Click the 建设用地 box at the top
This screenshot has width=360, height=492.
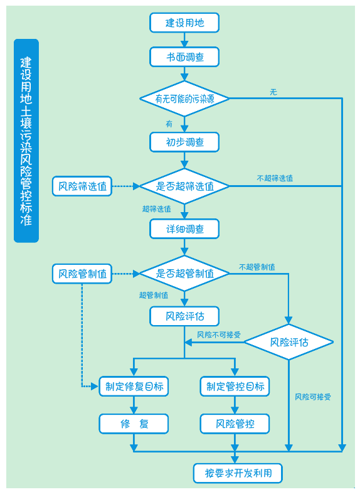click(184, 23)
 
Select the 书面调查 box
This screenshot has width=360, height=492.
click(184, 57)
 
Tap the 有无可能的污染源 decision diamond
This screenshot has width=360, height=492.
click(184, 99)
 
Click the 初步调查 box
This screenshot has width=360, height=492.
click(184, 142)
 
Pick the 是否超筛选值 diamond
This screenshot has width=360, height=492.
click(184, 186)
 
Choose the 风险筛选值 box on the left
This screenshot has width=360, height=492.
click(82, 186)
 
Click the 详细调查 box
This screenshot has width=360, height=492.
click(184, 229)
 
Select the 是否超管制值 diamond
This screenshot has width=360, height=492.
click(184, 274)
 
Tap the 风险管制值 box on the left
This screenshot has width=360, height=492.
click(82, 274)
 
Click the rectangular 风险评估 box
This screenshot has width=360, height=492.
click(184, 316)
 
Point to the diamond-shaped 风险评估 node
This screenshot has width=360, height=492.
click(289, 342)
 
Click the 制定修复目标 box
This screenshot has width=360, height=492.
click(134, 386)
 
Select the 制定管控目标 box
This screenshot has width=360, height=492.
click(235, 386)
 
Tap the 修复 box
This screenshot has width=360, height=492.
click(134, 424)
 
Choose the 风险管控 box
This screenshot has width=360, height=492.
click(235, 424)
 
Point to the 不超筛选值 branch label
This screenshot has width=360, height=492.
click(275, 178)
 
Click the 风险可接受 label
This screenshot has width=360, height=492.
click(313, 397)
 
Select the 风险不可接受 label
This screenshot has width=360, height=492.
click(219, 335)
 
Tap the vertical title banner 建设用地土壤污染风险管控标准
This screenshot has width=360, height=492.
click(26, 141)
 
